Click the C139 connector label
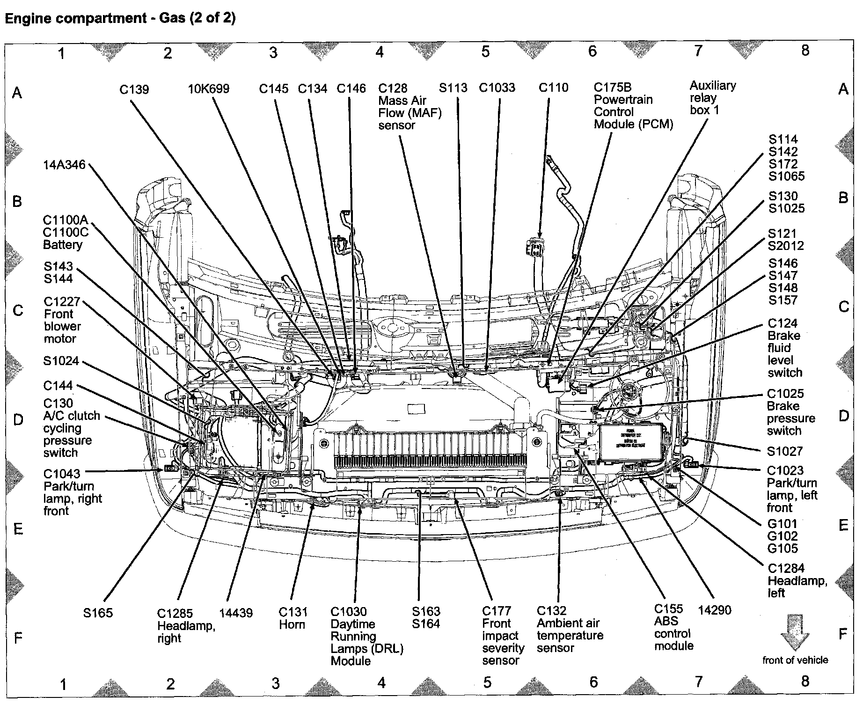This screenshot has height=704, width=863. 134,89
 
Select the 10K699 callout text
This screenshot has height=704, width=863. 209,89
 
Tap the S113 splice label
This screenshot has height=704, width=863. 453,88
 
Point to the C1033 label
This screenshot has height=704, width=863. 497,88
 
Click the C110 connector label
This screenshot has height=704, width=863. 553,88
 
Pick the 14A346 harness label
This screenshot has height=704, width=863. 65,165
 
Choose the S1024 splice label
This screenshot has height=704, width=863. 61,361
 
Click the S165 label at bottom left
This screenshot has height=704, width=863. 98,613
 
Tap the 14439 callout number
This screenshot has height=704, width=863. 236,613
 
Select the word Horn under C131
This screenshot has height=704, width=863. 292,625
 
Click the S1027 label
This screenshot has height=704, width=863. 785,452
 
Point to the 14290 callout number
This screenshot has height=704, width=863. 714,610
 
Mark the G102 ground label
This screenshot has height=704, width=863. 783,536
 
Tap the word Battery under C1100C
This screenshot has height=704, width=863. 63,245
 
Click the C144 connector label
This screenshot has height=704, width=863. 58,386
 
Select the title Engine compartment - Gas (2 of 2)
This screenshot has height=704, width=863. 120,18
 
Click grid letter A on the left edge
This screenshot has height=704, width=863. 17,93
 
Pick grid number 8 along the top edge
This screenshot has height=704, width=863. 805,51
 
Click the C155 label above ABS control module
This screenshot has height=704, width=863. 668,609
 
